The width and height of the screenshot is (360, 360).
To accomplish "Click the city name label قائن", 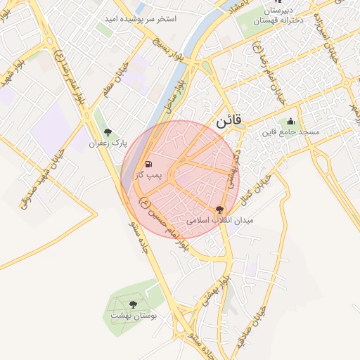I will pos(229,120).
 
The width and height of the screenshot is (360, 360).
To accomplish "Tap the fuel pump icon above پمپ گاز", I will pos(148,164).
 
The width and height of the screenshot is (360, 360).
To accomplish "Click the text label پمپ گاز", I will pos(148,174).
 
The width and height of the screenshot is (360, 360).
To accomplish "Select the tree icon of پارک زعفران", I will pos(108,132).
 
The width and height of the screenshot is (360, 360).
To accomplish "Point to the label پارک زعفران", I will pos(107,143).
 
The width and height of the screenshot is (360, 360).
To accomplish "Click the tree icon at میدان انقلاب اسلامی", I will pos(220,209).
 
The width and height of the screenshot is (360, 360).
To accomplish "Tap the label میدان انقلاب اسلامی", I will pos(220,220).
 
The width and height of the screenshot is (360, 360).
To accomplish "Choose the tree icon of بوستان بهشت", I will pos(134,304).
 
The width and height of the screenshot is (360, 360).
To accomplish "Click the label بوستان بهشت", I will pos(134,316).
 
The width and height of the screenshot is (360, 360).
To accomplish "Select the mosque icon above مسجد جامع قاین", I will pos(291,121).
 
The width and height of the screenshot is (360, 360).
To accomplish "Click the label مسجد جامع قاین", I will pos(291,131).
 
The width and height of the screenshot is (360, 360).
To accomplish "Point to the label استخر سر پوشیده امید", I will pos(149,18).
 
